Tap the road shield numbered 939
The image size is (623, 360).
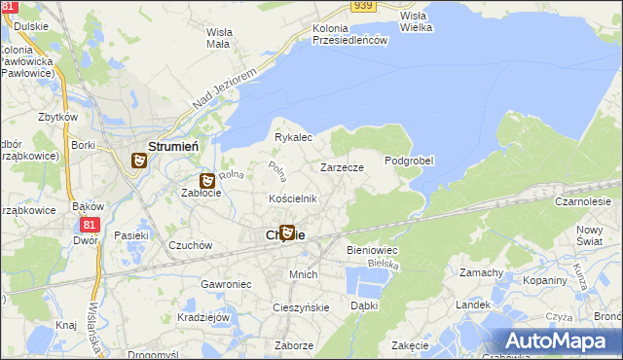(364, 6)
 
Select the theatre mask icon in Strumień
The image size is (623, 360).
(139, 161)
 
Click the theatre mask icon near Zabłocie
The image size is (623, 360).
(207, 180)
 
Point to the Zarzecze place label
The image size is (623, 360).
(343, 167)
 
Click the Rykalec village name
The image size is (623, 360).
(293, 137)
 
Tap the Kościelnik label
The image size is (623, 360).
(293, 198)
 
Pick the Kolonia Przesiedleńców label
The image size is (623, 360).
(350, 34)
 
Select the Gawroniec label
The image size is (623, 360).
(227, 284)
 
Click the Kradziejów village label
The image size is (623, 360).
(203, 317)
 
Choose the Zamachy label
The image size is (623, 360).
(481, 272)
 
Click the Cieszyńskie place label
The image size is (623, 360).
(302, 307)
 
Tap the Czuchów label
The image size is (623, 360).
(190, 246)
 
